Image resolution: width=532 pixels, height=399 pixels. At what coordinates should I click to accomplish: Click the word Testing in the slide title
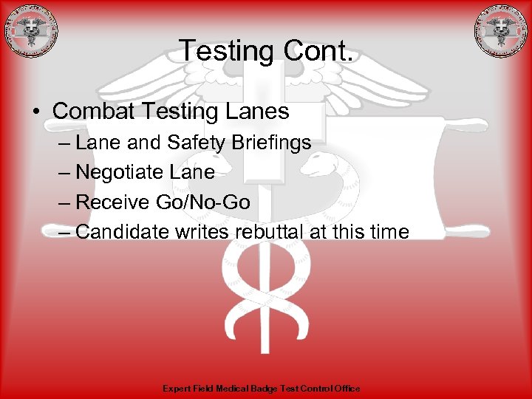pos(225,51)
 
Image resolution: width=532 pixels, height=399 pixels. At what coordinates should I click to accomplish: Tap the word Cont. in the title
pos(318,51)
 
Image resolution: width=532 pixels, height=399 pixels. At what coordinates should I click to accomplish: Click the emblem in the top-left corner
pos(30,31)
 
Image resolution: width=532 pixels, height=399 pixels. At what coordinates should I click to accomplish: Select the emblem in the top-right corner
pos(501,31)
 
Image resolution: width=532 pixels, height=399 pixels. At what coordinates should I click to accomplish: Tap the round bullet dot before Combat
pos(36,112)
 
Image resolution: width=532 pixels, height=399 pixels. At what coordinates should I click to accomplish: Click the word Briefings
pos(273,143)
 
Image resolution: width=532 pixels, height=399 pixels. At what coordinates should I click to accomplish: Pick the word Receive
pos(110,202)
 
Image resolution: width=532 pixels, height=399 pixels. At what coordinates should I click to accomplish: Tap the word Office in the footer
pos(347,388)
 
